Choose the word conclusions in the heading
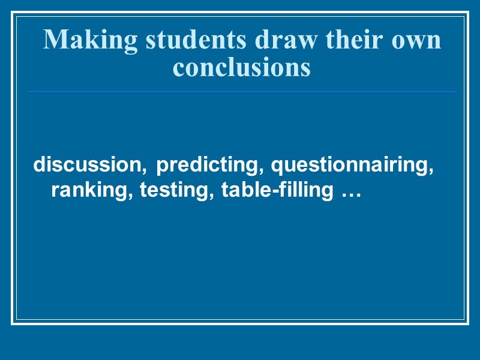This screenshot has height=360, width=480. (x=242, y=67)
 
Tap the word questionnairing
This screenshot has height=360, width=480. (x=350, y=165)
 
